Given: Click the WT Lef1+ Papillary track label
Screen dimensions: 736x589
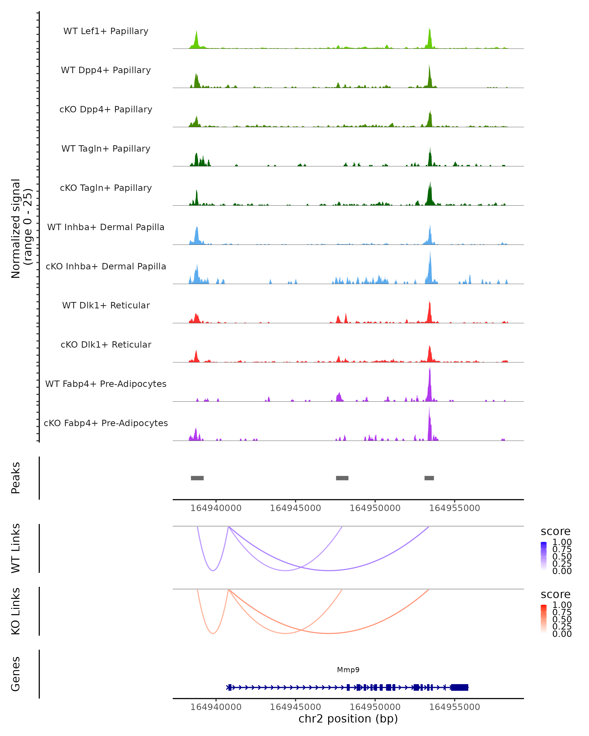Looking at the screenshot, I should point(106,31).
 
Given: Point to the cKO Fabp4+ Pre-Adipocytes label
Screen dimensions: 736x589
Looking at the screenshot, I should point(106,423).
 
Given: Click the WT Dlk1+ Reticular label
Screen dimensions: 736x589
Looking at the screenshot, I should point(106,305).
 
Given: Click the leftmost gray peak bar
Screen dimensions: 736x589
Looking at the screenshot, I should point(197,478).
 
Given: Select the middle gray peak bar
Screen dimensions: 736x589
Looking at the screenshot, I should point(342,478).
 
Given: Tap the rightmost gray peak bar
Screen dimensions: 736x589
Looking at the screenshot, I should point(429,478).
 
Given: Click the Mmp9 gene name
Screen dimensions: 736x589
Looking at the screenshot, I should point(348,670).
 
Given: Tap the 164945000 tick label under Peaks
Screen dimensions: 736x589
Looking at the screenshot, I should point(295,508).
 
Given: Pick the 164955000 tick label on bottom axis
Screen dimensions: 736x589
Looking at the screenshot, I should point(455,707).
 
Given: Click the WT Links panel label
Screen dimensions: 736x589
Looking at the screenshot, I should point(16,548).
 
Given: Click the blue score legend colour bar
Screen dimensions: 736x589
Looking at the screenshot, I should point(544,556).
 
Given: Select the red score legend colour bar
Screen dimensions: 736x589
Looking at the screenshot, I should point(544,619).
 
